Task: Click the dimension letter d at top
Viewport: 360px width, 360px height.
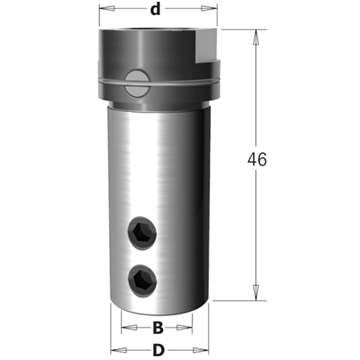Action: coord(155,10)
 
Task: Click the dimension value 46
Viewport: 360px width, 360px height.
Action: coord(257,160)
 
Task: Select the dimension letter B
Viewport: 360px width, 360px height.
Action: coord(157,327)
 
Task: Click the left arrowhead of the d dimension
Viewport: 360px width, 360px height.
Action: coord(104,10)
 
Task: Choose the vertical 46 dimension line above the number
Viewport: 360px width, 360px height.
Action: coord(255,92)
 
